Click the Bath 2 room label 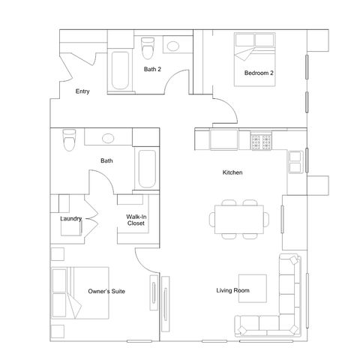[152, 69]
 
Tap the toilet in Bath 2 [148, 48]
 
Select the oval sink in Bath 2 [173, 46]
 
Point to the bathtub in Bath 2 [120, 70]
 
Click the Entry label [82, 91]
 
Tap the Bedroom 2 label [259, 73]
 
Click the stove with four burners [261, 142]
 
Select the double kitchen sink [295, 162]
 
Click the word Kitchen [232, 172]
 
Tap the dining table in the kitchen [239, 220]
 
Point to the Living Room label [232, 290]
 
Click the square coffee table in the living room [253, 289]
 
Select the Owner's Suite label [106, 291]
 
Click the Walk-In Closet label [136, 220]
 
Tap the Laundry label [71, 219]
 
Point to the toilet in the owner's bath [69, 140]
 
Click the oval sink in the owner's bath [108, 138]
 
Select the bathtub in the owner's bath [147, 169]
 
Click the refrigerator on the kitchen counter [223, 139]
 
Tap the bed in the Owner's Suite [80, 293]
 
